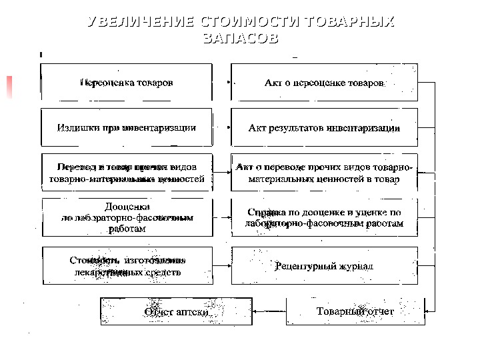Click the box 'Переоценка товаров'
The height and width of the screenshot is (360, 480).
pyautogui.click(x=127, y=83)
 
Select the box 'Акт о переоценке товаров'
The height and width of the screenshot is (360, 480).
pyautogui.click(x=325, y=83)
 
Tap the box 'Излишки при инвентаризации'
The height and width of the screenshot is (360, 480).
pyautogui.click(x=127, y=127)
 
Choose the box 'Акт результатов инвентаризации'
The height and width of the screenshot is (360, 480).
pyautogui.click(x=325, y=127)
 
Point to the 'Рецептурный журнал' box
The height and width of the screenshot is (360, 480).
pyautogui.click(x=325, y=266)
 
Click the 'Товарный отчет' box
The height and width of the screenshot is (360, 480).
pyautogui.click(x=355, y=311)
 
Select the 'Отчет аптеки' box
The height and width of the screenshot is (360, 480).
pyautogui.click(x=176, y=311)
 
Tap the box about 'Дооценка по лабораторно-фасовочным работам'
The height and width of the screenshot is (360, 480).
pyautogui.click(x=127, y=217)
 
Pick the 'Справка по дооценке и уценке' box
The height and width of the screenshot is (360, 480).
pyautogui.click(x=325, y=217)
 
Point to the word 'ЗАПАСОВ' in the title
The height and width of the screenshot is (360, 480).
pyautogui.click(x=240, y=39)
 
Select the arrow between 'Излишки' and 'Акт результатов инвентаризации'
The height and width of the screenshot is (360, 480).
pyautogui.click(x=222, y=128)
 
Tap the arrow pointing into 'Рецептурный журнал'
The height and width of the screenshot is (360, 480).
pyautogui.click(x=222, y=266)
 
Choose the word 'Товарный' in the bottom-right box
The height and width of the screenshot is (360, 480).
pyautogui.click(x=338, y=311)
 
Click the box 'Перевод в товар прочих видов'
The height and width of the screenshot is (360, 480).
pyautogui.click(x=127, y=173)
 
